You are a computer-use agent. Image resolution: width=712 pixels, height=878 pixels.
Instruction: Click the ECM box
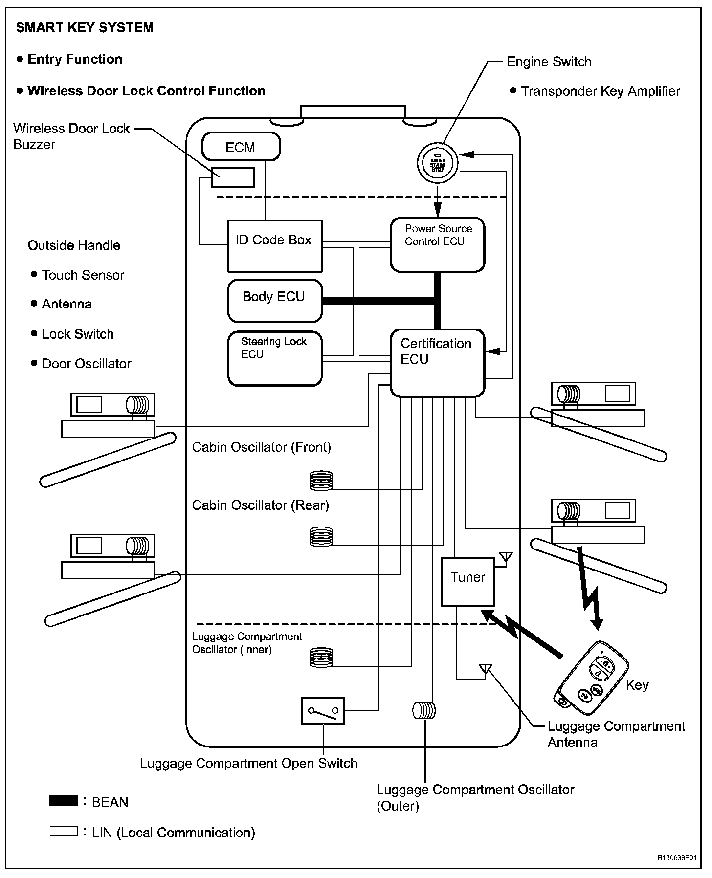click(241, 147)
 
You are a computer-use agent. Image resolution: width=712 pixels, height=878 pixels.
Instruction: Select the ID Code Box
click(275, 246)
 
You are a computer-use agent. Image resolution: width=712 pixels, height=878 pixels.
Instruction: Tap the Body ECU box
click(275, 301)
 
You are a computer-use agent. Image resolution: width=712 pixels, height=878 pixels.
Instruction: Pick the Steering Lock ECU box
click(275, 358)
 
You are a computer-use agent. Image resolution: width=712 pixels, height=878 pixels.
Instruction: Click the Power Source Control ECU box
click(438, 244)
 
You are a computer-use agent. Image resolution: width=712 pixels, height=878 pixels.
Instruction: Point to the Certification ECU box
click(438, 363)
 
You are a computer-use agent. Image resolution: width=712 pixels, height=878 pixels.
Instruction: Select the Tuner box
click(468, 582)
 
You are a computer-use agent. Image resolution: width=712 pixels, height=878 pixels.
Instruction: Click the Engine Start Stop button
click(438, 163)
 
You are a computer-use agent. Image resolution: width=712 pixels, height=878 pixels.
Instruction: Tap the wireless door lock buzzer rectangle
click(233, 177)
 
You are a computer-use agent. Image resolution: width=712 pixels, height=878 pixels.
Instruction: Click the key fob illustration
click(592, 678)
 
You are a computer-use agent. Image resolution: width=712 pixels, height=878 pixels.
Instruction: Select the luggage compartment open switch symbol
click(323, 711)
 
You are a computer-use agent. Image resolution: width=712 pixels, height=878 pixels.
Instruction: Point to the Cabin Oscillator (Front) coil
click(321, 481)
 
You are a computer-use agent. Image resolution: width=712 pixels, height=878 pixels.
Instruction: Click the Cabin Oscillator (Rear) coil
click(321, 537)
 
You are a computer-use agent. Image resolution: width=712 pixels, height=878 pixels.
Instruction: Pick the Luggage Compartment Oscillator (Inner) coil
click(321, 658)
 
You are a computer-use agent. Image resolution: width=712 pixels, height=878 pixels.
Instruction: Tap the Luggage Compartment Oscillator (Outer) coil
click(424, 710)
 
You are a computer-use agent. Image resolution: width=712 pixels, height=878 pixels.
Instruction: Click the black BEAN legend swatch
click(64, 801)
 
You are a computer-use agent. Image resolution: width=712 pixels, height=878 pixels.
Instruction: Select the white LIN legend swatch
click(64, 831)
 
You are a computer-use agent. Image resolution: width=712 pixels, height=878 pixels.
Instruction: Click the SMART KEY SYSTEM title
click(85, 28)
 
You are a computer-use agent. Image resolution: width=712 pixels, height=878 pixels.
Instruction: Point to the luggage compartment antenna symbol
click(485, 668)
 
